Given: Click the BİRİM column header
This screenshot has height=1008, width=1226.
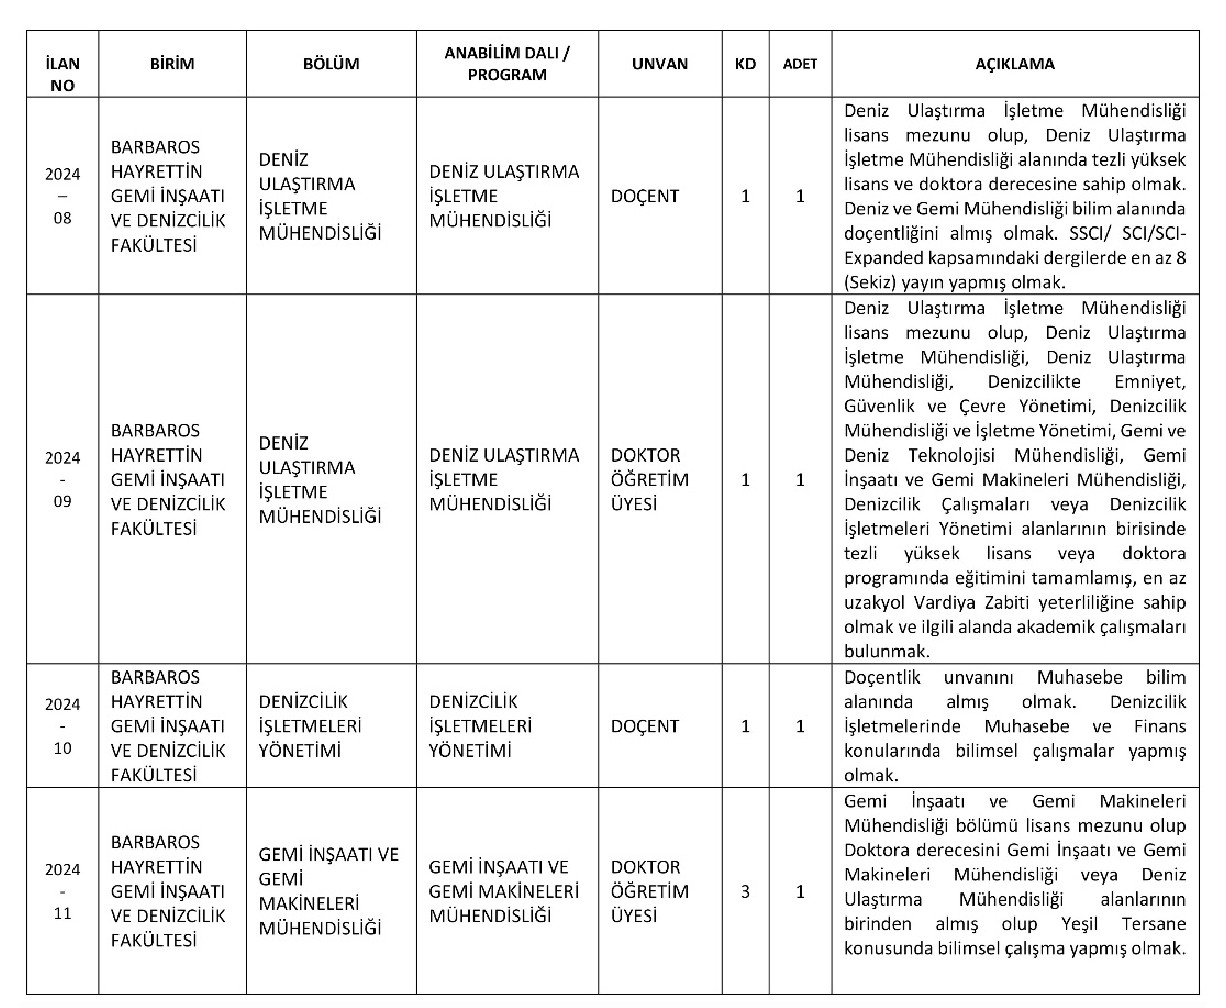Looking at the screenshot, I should [x=172, y=63].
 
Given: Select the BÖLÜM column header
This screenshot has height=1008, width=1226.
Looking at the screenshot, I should [x=331, y=63].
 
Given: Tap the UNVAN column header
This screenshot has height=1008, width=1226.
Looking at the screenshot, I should [x=659, y=63].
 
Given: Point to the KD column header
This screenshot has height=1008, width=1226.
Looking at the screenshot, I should [x=745, y=63].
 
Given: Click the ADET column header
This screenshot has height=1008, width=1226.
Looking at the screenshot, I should [x=800, y=63].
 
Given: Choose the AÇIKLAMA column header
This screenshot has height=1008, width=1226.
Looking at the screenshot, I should [x=1015, y=63].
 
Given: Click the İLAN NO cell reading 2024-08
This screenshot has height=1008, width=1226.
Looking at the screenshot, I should [x=62, y=195].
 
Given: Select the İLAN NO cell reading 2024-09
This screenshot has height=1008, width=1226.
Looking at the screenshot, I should [x=62, y=480].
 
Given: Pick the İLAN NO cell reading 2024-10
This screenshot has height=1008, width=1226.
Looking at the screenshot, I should [x=62, y=726].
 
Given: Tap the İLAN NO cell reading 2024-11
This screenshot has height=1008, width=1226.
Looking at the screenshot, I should [x=62, y=891].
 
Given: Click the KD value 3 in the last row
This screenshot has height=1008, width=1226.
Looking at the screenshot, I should [x=745, y=892].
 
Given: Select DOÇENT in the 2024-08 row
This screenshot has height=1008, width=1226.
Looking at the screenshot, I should [x=645, y=196].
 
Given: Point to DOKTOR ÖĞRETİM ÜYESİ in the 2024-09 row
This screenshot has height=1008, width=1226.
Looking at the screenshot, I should [x=649, y=480].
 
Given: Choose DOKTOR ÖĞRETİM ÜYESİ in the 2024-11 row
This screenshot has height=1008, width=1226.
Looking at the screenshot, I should [x=649, y=892].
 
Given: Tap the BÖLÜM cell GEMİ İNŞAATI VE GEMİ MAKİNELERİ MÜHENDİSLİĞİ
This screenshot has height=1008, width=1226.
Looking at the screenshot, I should [x=328, y=892].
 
